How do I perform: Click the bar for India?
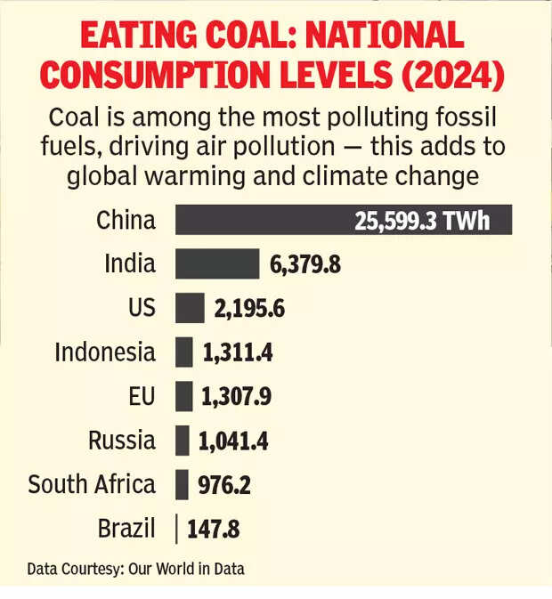point(216,264)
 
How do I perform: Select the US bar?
point(190,309)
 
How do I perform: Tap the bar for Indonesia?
point(184,352)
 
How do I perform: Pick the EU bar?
point(184,397)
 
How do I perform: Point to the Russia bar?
point(183,441)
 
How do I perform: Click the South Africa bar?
point(183,485)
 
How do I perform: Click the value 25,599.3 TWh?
point(421,221)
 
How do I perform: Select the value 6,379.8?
point(305,265)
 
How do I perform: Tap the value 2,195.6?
point(249,310)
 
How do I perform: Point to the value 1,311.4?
point(237,353)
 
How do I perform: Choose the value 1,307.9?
point(237,398)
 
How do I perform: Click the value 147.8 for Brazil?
point(214,530)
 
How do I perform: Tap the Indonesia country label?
point(105,352)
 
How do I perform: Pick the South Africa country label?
point(92,485)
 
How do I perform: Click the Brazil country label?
point(126,530)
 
